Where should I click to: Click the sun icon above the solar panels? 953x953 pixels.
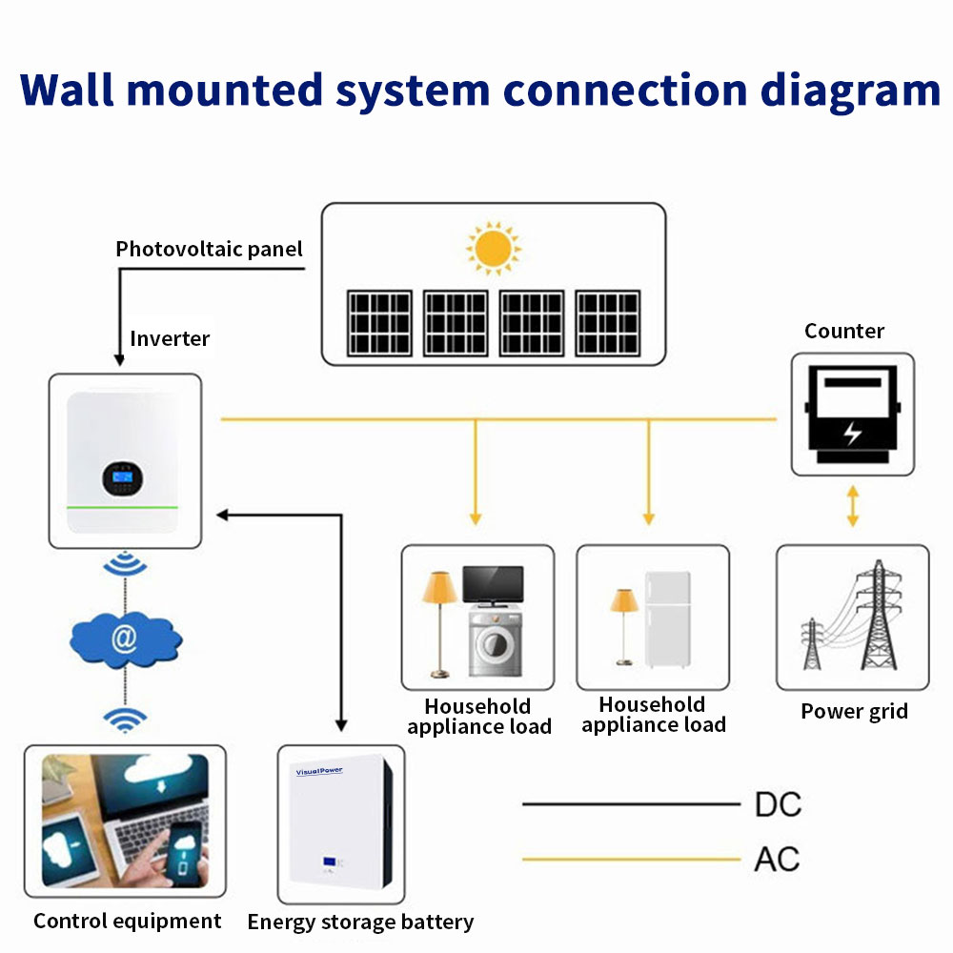(x=493, y=249)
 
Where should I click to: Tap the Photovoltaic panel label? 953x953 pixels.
(x=209, y=250)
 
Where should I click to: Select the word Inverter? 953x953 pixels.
(x=170, y=338)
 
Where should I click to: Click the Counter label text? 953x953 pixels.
(x=844, y=332)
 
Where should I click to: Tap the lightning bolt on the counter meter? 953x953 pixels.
(x=852, y=432)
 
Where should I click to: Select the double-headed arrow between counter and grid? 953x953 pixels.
(x=852, y=507)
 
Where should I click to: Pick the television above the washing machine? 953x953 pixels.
(x=493, y=585)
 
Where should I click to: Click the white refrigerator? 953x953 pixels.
(x=667, y=619)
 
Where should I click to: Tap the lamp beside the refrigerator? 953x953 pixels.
(x=624, y=624)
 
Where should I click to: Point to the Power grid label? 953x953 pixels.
(x=854, y=711)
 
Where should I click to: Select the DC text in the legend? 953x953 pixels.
(x=778, y=805)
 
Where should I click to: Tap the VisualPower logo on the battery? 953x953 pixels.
(x=319, y=770)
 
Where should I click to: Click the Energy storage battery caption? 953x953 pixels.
(x=360, y=923)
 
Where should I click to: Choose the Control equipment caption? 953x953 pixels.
(x=127, y=922)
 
